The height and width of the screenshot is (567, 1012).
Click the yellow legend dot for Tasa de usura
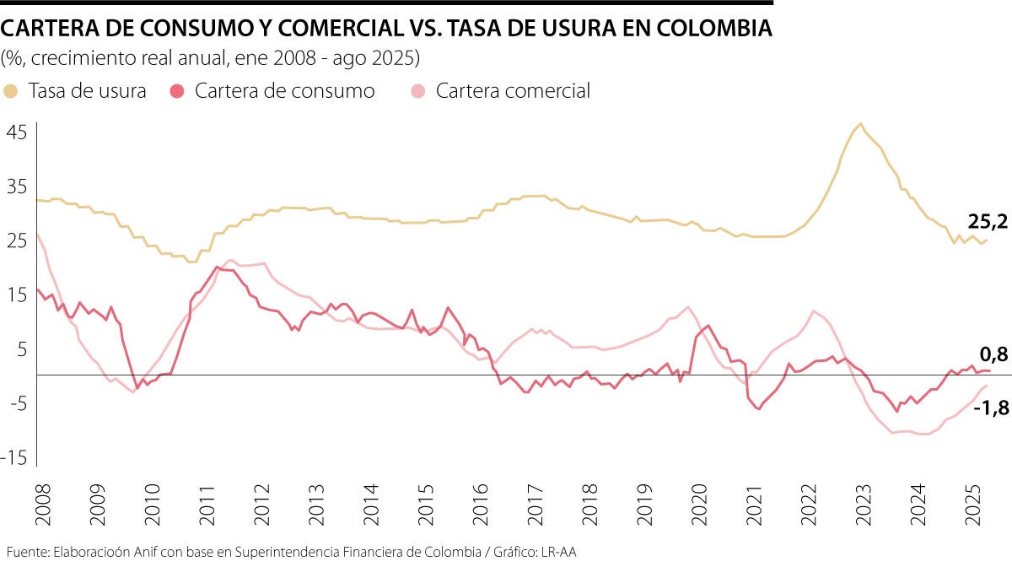point(11,91)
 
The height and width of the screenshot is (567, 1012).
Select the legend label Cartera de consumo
point(284,91)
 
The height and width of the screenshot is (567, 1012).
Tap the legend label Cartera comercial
point(513,91)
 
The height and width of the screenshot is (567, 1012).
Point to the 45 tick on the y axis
point(19,132)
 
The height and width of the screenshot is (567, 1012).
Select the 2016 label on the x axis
point(479,504)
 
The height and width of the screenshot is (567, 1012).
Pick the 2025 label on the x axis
point(972,504)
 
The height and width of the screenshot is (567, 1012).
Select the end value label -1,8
point(991,408)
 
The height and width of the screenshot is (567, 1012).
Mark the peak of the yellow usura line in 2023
point(860,124)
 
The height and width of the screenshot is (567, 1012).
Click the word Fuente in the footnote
point(25,553)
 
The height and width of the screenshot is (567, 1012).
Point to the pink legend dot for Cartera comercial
point(418,91)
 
